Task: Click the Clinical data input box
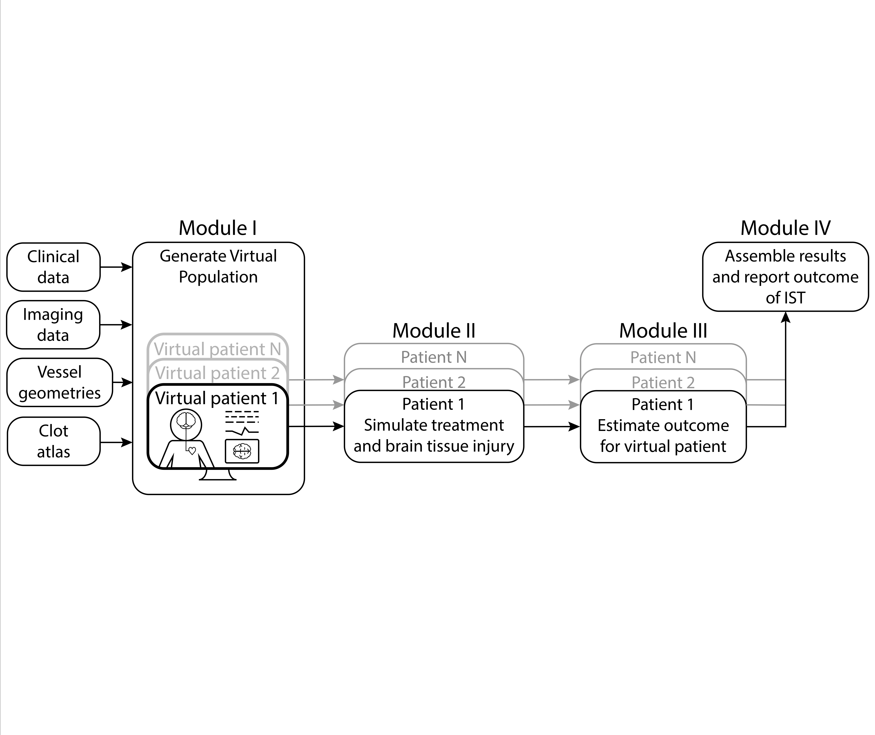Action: (x=53, y=267)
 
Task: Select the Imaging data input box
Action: (x=53, y=325)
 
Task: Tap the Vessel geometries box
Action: (x=60, y=382)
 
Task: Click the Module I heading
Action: (x=217, y=228)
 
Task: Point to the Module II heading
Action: (x=434, y=331)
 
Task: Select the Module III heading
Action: (x=663, y=331)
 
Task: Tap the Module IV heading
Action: (x=785, y=228)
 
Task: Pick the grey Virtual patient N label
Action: (x=217, y=349)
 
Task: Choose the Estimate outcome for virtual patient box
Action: (x=663, y=435)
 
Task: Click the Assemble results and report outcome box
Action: (x=785, y=277)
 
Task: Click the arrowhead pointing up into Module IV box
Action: (x=785, y=318)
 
